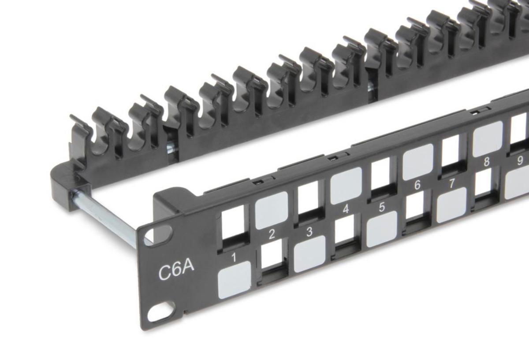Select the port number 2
coord(272,234)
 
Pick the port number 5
coord(382,207)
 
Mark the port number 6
coord(417,185)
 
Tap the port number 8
coord(487,162)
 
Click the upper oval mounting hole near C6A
coord(158,235)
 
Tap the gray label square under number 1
coord(234,280)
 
